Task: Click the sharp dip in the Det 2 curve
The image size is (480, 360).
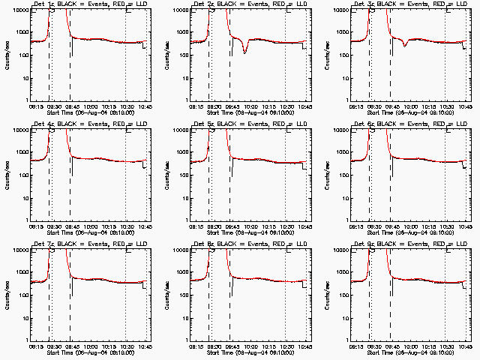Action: [x=244, y=52]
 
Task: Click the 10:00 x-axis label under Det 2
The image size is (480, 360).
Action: [x=250, y=106]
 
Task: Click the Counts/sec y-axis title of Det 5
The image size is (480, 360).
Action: [x=169, y=174]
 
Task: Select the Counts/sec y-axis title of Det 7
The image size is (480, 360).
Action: [x=9, y=294]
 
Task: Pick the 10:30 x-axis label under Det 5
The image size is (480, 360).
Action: [x=286, y=226]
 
